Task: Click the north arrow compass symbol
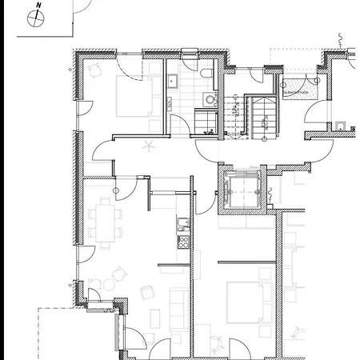[x=37, y=21]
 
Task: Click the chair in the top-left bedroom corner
[x=96, y=70]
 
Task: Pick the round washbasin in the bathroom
[x=210, y=99]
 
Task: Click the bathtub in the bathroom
[x=205, y=120]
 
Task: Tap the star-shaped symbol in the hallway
[x=147, y=146]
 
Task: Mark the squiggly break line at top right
[x=341, y=38]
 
